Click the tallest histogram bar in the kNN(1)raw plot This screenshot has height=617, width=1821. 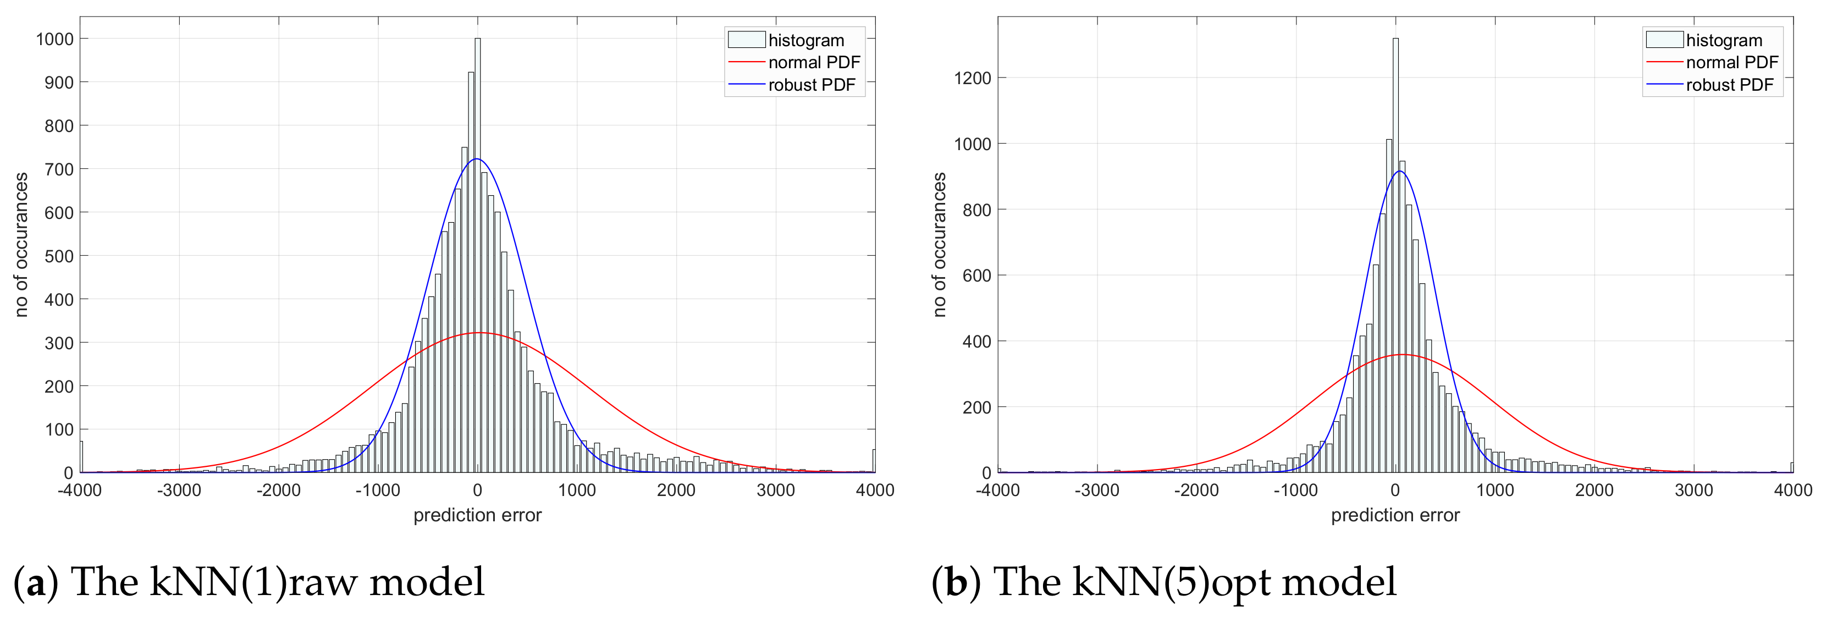click(477, 255)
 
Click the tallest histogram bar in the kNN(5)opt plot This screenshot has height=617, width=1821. click(1395, 255)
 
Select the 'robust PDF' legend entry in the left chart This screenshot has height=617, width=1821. click(811, 85)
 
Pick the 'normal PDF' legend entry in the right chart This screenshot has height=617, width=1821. click(1731, 62)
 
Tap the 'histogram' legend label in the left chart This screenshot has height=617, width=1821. click(806, 40)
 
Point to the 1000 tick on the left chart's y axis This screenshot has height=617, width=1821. click(55, 39)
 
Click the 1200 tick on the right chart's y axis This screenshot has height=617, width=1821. click(972, 78)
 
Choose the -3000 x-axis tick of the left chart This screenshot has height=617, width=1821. click(178, 490)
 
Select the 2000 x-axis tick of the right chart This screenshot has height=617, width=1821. click(1593, 490)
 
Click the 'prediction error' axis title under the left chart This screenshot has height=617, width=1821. click(477, 515)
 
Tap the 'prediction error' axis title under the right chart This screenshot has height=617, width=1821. click(1395, 515)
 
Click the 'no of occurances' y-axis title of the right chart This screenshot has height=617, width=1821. click(939, 245)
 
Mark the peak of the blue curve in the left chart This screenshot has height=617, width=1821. click(477, 158)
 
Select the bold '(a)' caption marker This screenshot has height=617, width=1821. click(35, 582)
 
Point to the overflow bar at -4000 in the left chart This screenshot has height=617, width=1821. click(81, 458)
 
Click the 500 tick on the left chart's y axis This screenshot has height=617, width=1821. click(59, 256)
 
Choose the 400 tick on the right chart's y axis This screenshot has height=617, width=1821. click(976, 341)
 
